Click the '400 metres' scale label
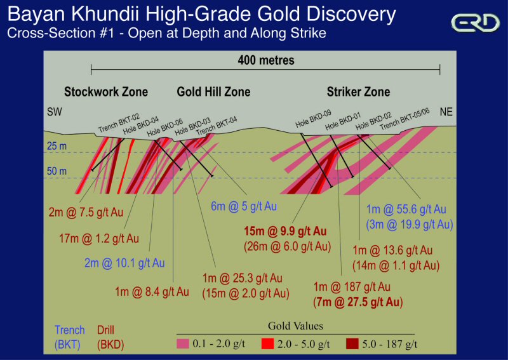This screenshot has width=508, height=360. tap(266, 61)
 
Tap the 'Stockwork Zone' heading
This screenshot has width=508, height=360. tap(106, 92)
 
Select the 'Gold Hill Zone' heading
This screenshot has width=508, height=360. tap(213, 92)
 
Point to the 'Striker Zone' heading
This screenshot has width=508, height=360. tap(358, 92)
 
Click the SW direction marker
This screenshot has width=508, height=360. tap(55, 112)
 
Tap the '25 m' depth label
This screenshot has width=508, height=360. tap(56, 147)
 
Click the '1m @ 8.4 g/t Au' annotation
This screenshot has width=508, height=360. tap(153, 292)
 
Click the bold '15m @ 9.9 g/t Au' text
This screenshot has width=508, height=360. tap(284, 231)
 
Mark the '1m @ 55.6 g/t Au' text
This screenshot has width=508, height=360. tap(407, 210)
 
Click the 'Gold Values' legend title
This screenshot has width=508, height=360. tap(296, 326)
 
